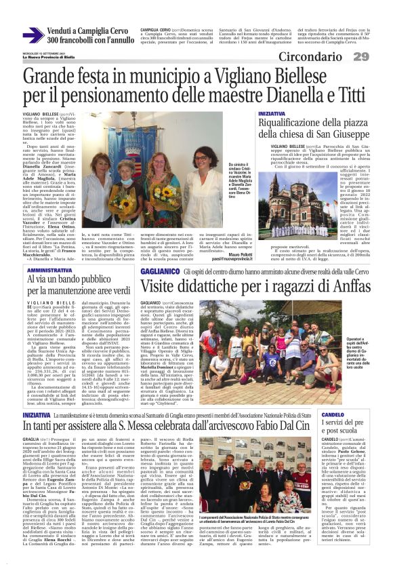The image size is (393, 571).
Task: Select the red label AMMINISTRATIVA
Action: (x=41, y=269)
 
